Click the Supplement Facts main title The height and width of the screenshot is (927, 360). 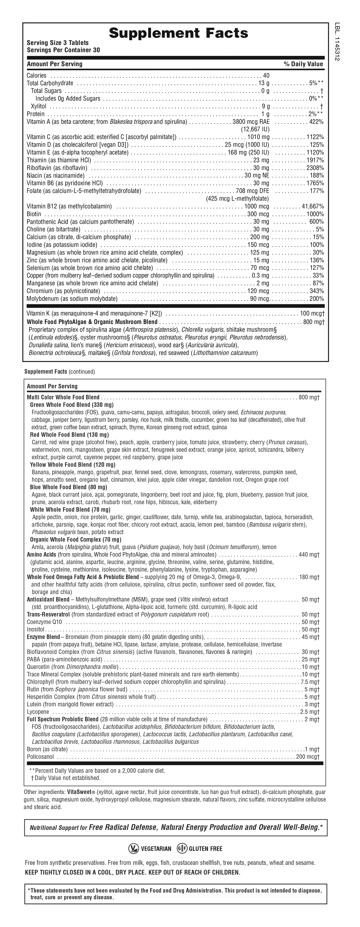coord(178,33)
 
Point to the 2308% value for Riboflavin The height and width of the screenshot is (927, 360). coord(315,168)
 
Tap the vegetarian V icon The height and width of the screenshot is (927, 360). coord(134,849)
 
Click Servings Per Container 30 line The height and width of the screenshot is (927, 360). coord(63,50)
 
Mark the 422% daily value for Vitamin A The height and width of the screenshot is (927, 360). coord(317,122)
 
